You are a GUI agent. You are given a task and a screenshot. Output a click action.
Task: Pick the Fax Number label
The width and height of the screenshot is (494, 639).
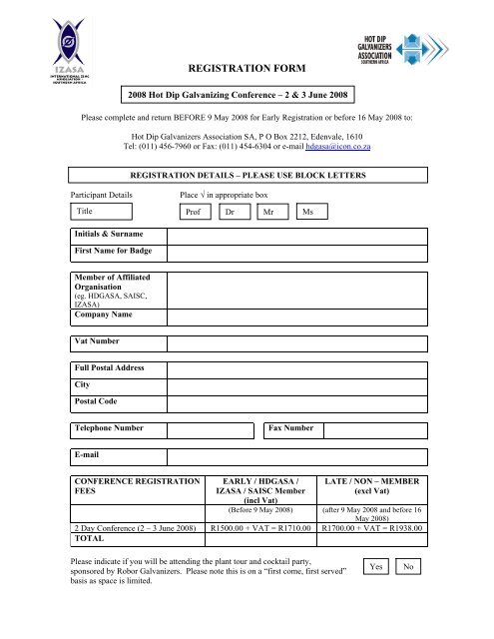(x=292, y=429)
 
